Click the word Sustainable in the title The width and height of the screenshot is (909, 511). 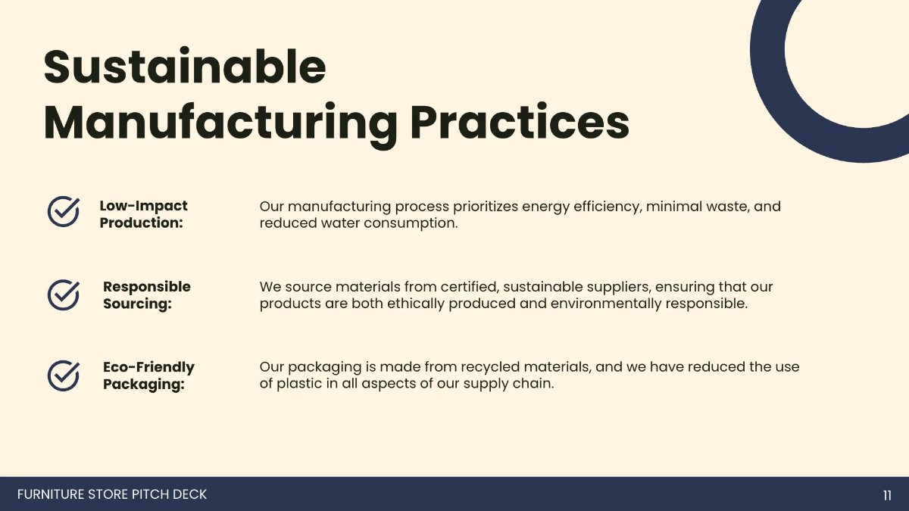(185, 66)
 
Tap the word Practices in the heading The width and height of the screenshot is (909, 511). (520, 121)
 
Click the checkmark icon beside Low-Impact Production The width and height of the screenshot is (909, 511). (64, 211)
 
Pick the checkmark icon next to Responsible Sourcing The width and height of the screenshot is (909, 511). (64, 294)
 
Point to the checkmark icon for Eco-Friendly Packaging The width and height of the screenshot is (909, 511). (64, 375)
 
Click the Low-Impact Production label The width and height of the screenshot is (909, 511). (143, 214)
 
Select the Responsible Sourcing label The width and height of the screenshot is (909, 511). (146, 294)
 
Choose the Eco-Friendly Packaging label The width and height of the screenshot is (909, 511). (148, 375)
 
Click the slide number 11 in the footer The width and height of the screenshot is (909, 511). (887, 495)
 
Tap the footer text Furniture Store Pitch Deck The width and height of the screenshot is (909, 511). (112, 494)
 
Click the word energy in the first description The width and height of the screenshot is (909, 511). (546, 207)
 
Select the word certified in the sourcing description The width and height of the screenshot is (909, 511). (470, 287)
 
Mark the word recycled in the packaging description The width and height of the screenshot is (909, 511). (490, 368)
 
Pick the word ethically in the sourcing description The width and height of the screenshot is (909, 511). (416, 304)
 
